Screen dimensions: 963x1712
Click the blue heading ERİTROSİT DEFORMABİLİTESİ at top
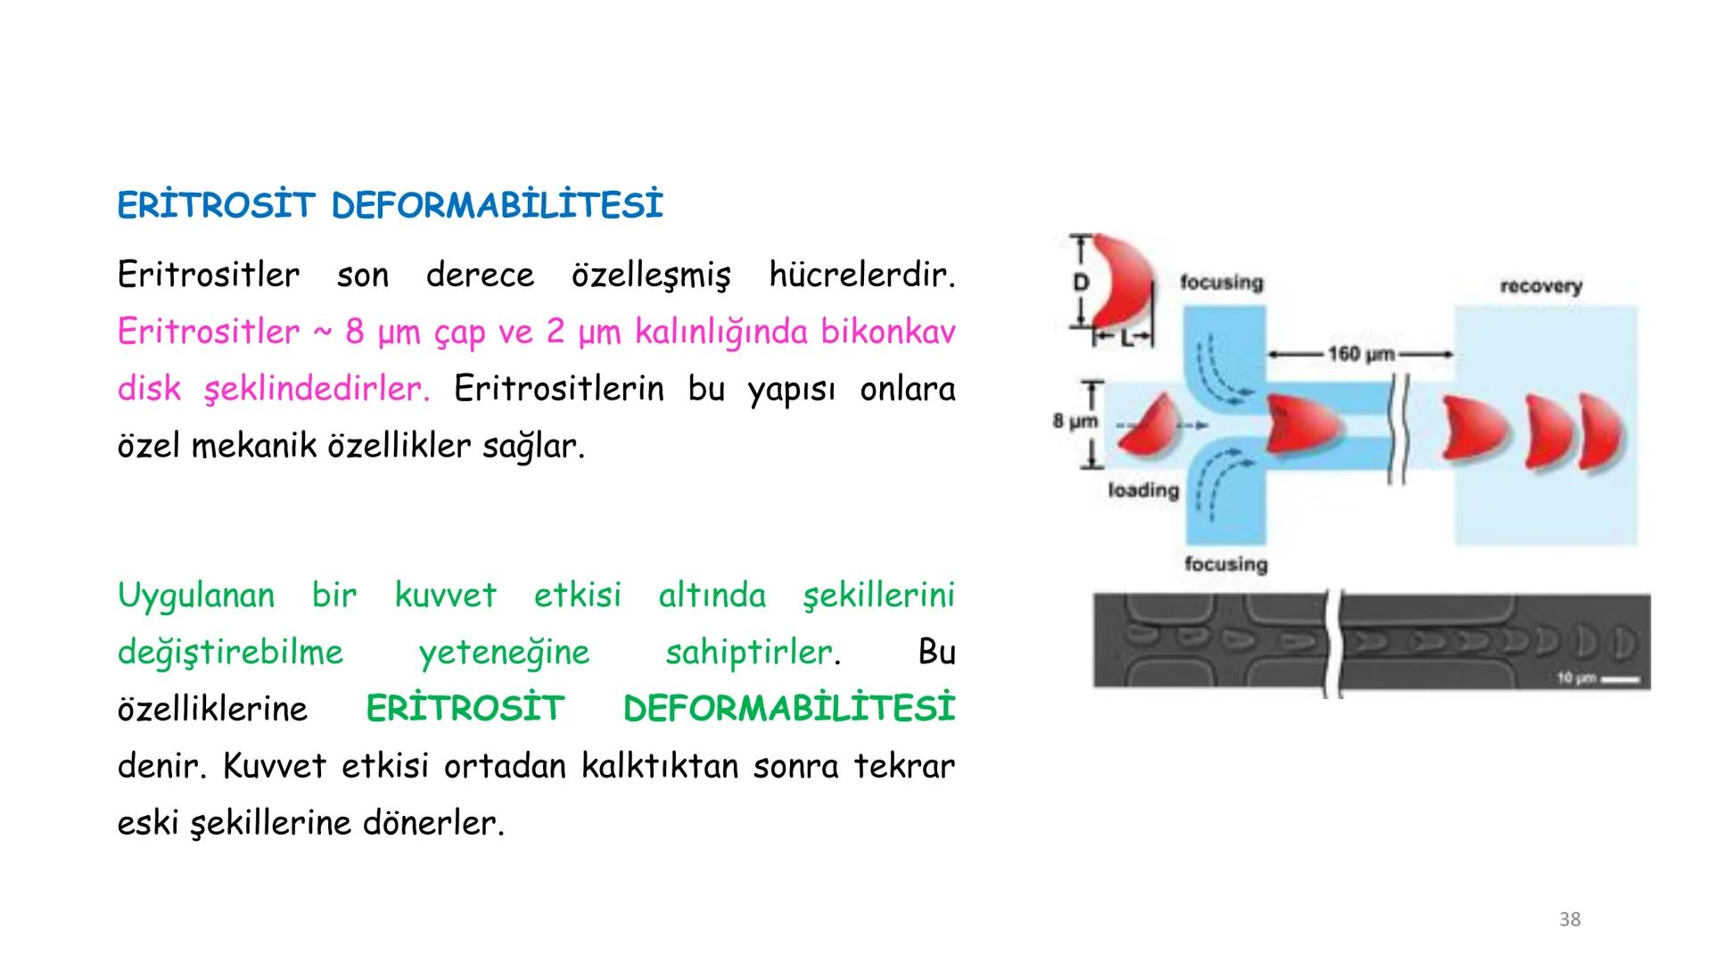[390, 206]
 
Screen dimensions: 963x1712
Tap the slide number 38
[1569, 919]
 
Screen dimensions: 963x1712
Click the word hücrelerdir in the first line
[860, 276]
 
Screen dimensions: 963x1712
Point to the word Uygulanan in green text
[196, 596]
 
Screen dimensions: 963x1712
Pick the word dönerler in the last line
[432, 823]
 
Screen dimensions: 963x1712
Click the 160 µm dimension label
[1361, 354]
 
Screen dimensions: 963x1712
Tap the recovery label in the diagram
[1541, 286]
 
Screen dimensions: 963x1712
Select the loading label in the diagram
[1143, 490]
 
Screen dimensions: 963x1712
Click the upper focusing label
[1222, 283]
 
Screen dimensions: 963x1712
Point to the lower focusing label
[1225, 564]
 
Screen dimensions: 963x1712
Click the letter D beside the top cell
[1081, 283]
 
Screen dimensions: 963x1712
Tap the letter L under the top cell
[1124, 339]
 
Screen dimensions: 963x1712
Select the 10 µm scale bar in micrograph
[1619, 679]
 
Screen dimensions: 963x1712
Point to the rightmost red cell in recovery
[1602, 435]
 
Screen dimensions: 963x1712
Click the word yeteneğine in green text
[504, 653]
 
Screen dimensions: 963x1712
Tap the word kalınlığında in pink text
[722, 332]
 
